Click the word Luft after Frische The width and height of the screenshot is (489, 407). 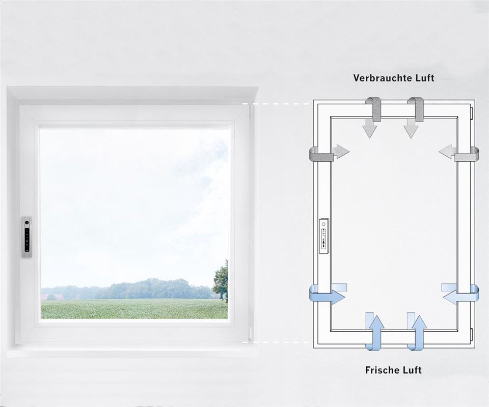[412, 370]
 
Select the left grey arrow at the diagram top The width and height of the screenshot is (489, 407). [370, 122]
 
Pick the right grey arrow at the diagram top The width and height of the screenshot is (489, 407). [411, 122]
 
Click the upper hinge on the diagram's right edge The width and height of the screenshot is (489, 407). [473, 111]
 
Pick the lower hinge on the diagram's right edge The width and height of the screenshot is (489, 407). [473, 335]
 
